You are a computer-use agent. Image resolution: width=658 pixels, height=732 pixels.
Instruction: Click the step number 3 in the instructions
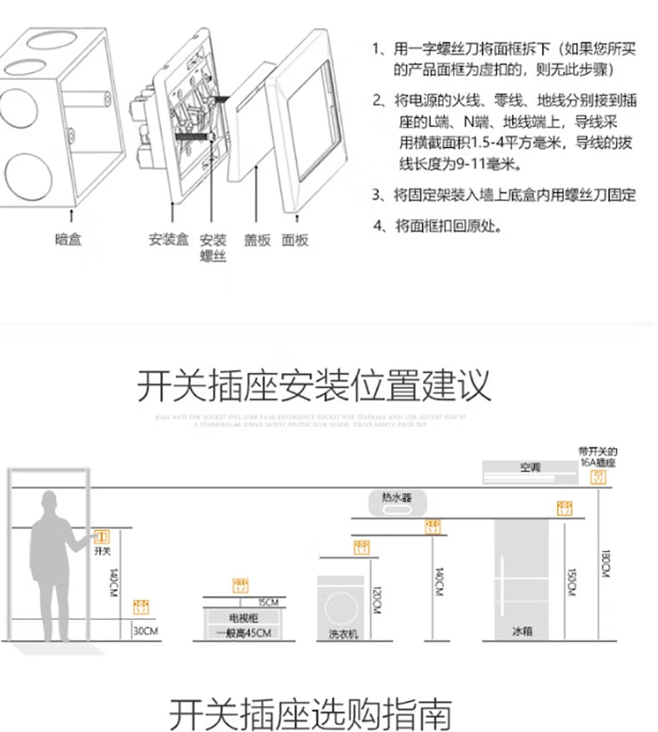[x=376, y=196]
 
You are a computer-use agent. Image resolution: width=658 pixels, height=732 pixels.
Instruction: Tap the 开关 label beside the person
[x=102, y=551]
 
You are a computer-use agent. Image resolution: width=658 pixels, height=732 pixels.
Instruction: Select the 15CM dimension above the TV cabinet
[x=267, y=602]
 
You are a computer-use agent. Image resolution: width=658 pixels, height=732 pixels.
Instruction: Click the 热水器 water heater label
[x=396, y=497]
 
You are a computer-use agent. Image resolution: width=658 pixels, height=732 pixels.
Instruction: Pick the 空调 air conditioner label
[x=531, y=467]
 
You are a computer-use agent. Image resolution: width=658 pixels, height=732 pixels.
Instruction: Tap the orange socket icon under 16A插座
[x=597, y=476]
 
